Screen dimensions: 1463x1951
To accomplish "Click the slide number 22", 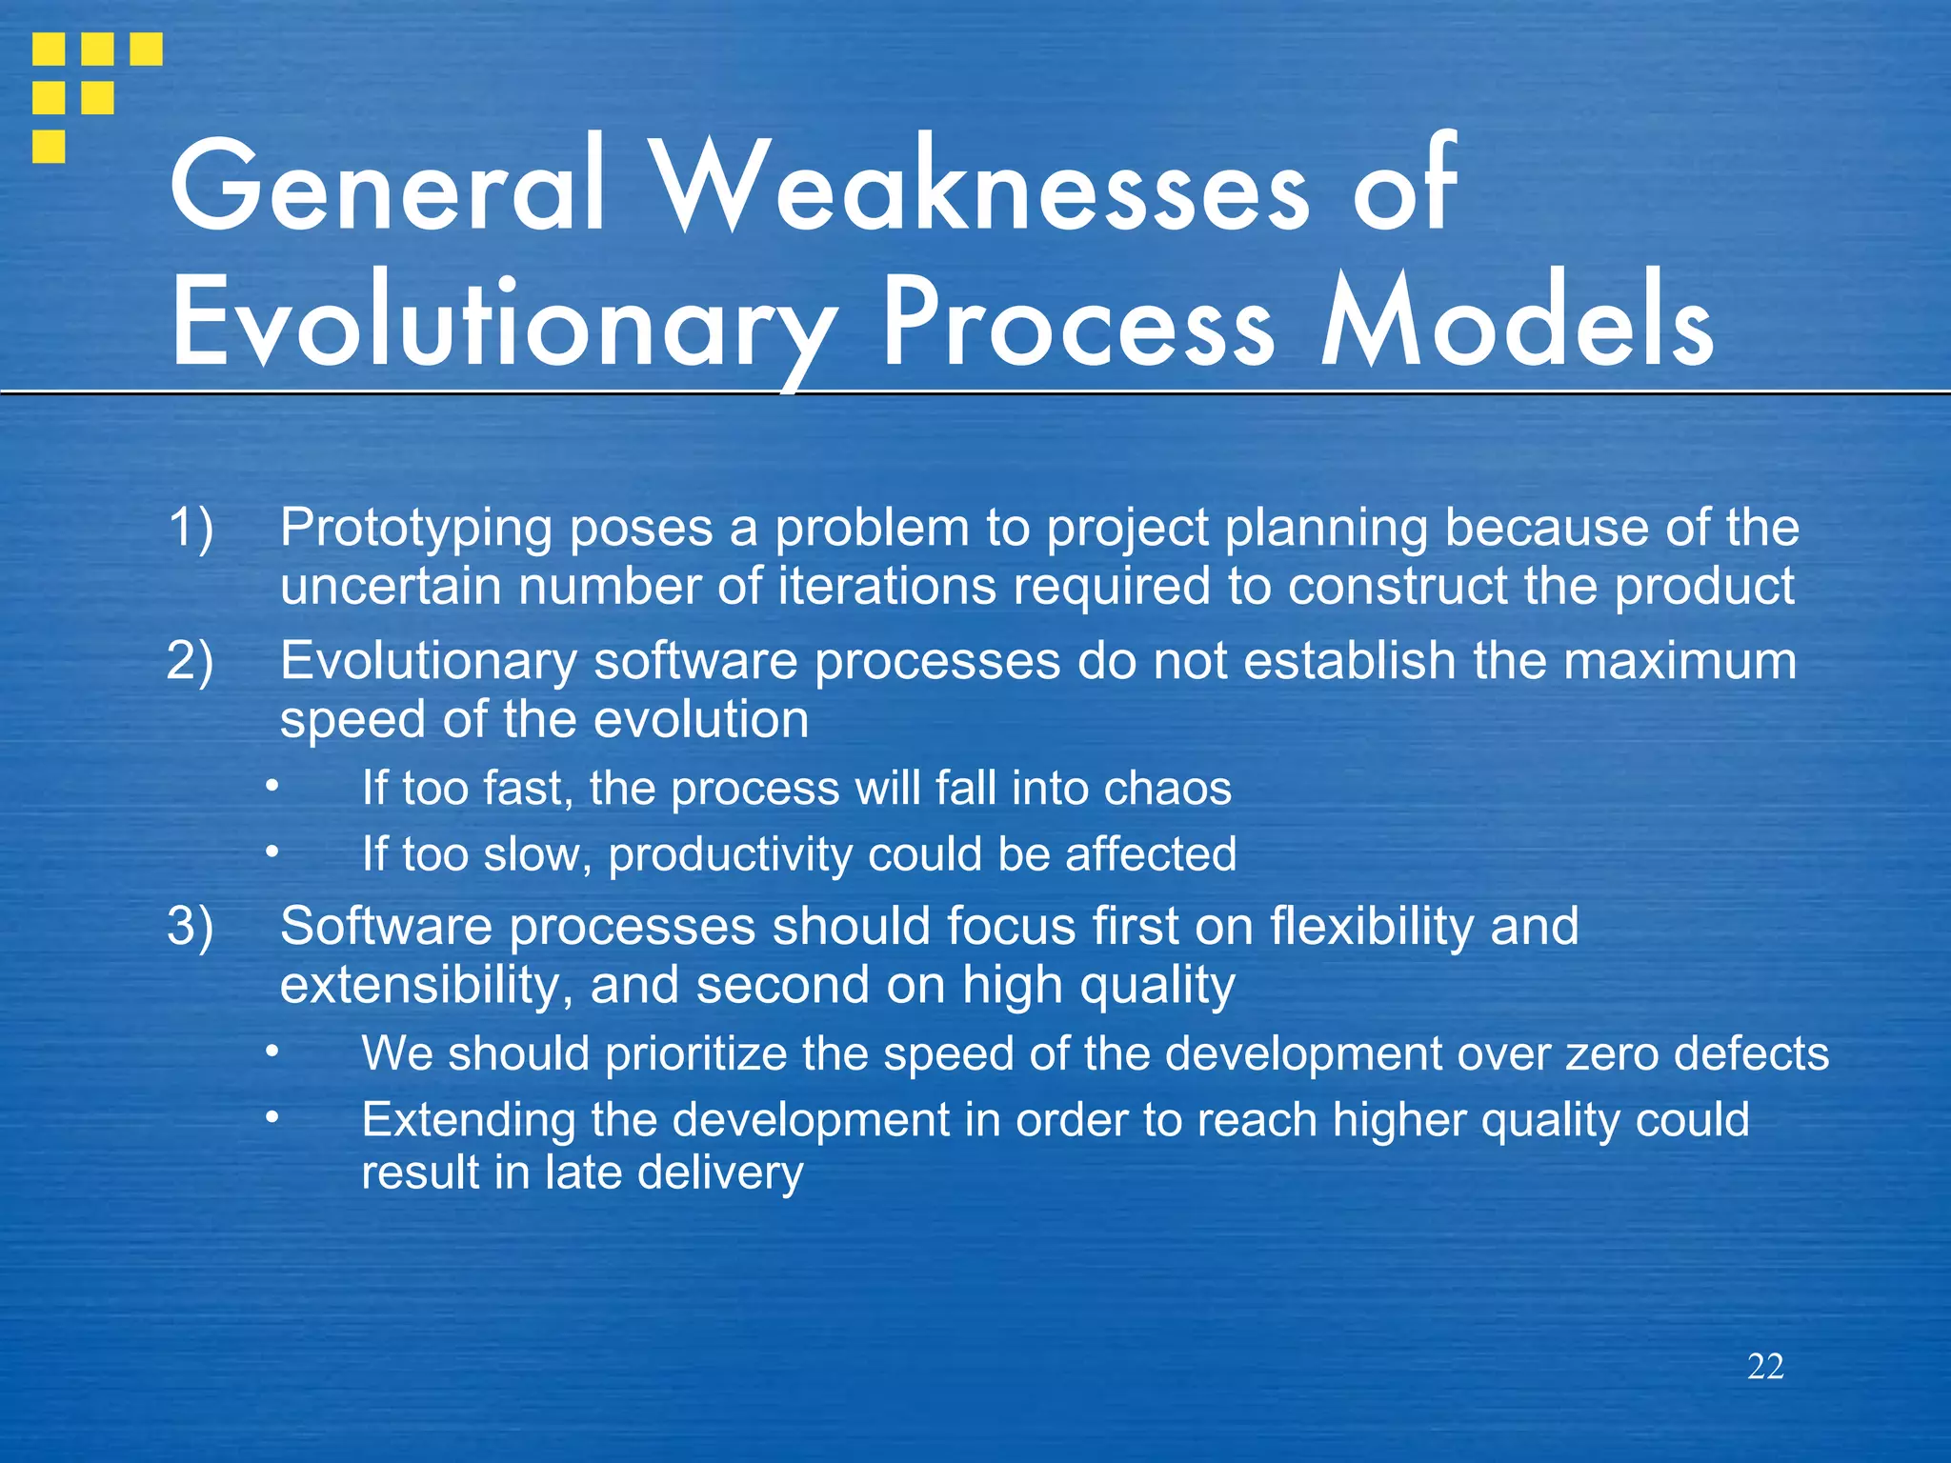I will pos(1765,1367).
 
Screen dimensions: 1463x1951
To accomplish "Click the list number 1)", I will pos(190,527).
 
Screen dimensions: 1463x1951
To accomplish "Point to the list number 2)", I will pos(190,660).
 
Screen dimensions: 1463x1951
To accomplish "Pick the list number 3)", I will pos(190,926).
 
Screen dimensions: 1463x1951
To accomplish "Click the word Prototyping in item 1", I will pos(415,529).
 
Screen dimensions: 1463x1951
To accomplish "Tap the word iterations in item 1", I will pos(887,585).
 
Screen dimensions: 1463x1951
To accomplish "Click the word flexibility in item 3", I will pos(1372,926).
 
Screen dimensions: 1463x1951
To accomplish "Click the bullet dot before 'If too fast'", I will pos(272,787).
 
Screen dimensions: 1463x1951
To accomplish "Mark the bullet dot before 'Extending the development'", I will pos(272,1118).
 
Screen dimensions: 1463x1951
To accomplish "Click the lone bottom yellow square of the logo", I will pos(49,147).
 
